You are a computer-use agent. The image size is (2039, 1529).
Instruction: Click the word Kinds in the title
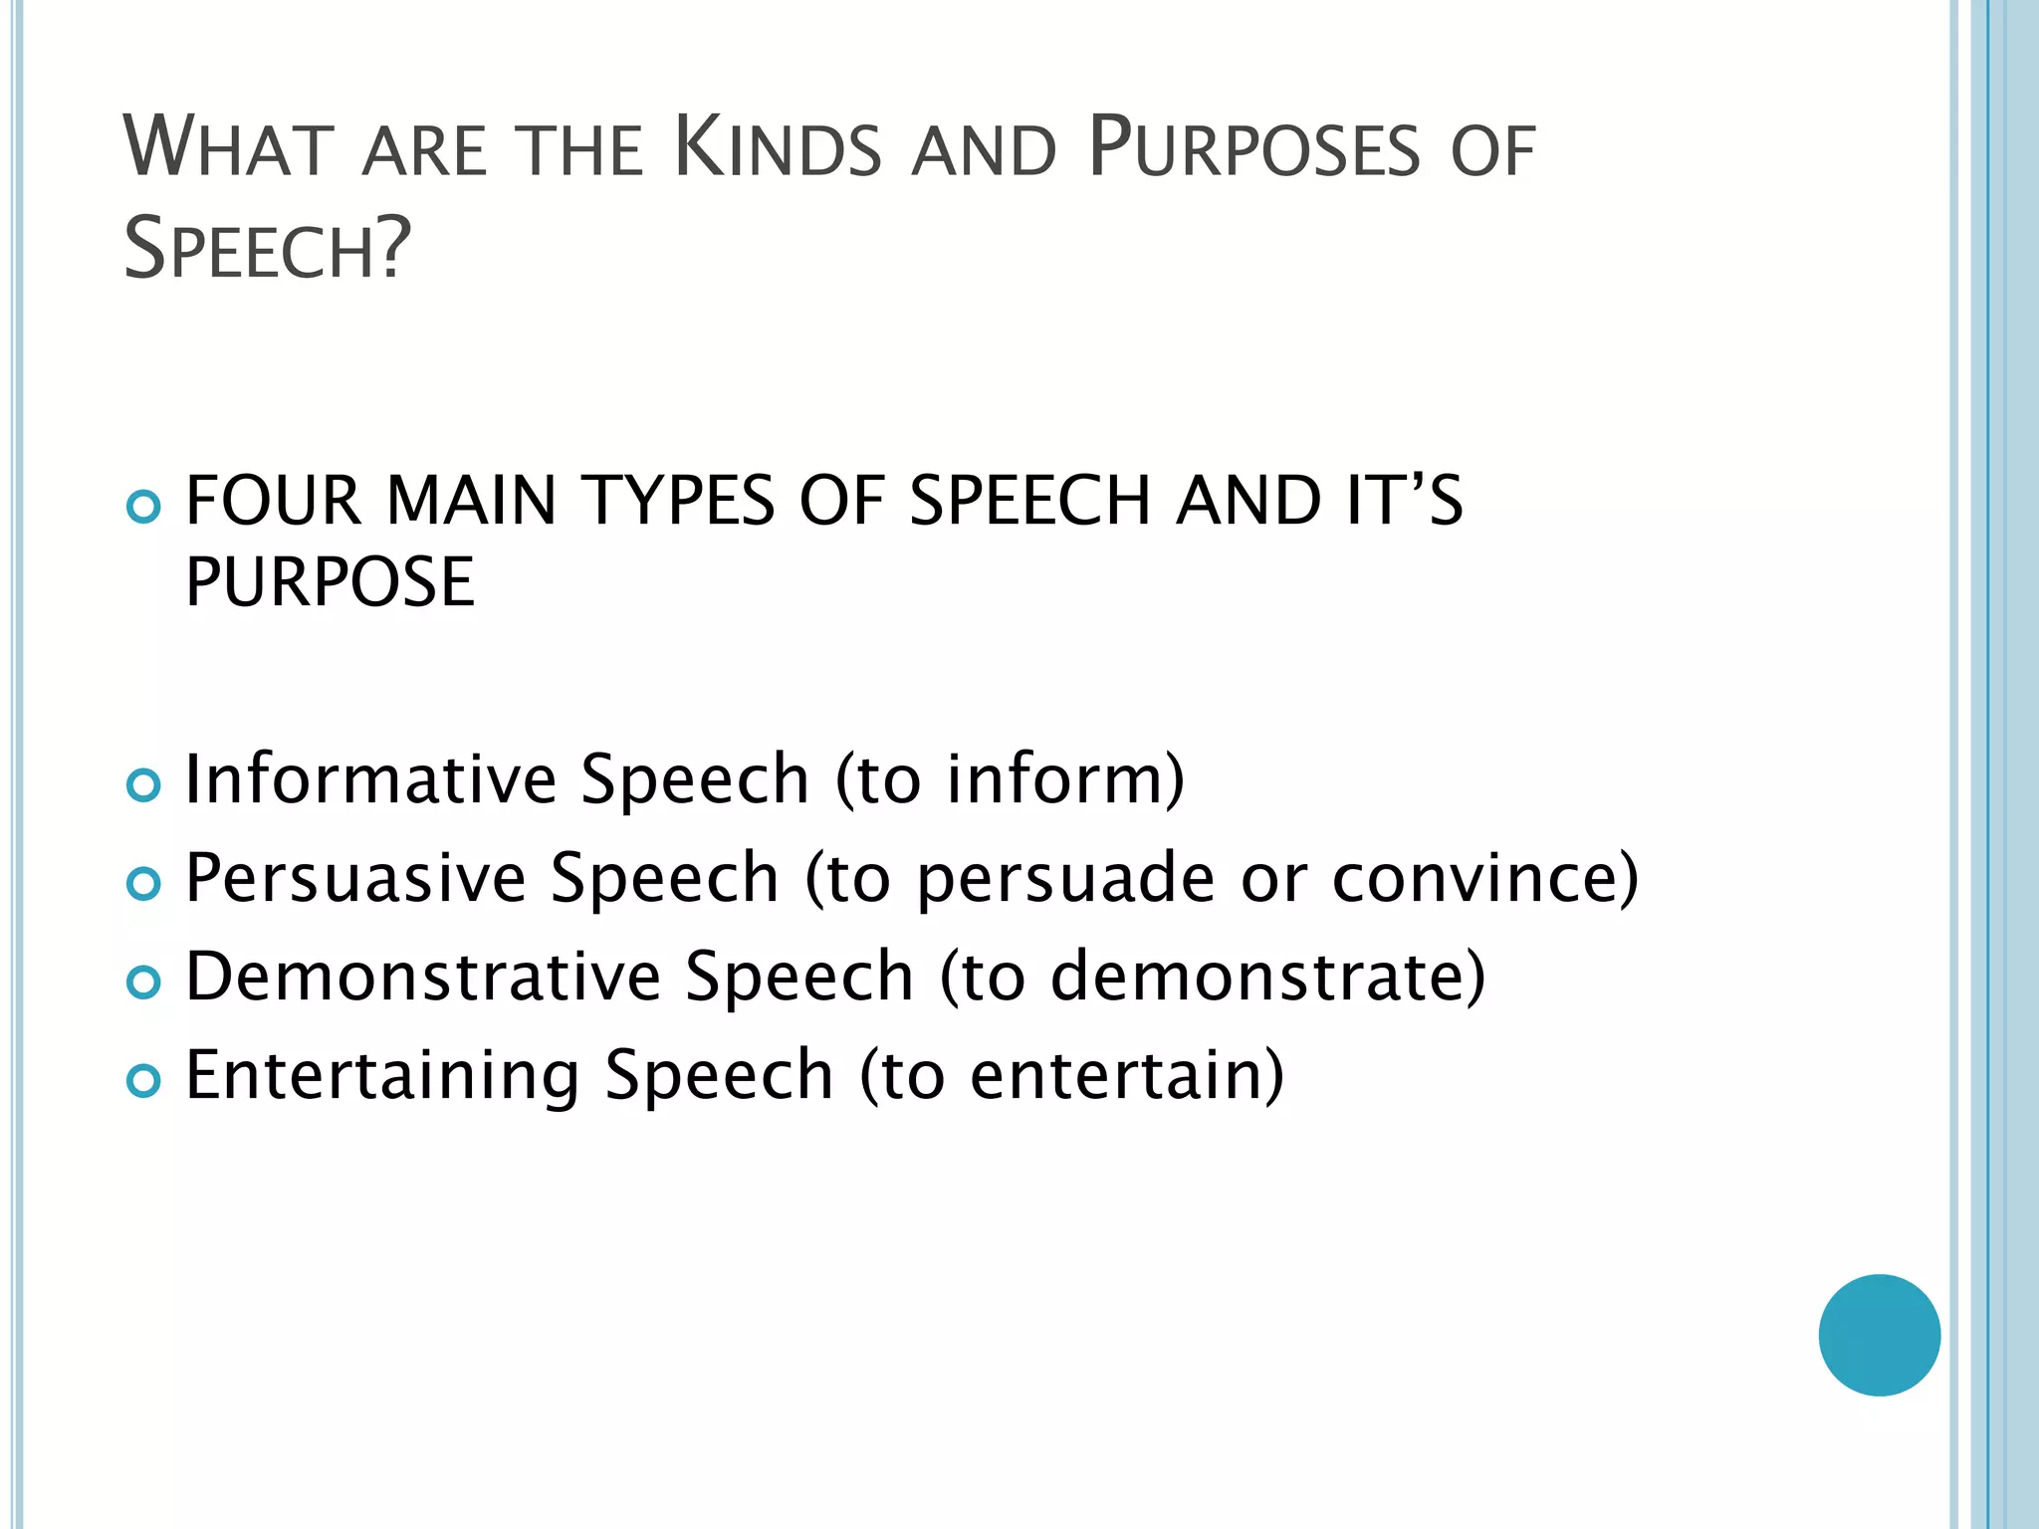[x=778, y=148]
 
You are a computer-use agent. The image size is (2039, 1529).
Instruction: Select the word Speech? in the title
[x=267, y=249]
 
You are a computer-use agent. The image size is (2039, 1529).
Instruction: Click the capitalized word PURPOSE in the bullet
[x=330, y=582]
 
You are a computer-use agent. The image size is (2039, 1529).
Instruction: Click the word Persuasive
[x=356, y=878]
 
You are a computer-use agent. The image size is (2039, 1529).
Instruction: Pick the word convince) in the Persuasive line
[x=1484, y=878]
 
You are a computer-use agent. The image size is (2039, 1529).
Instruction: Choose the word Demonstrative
[x=423, y=977]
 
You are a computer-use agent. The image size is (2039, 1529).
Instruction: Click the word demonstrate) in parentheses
[x=1267, y=977]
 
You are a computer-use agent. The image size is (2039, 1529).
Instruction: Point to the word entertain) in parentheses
[x=1126, y=1075]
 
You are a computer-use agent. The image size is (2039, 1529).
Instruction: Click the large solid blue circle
[x=1879, y=1335]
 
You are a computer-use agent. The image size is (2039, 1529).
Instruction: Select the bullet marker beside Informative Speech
[x=144, y=785]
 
